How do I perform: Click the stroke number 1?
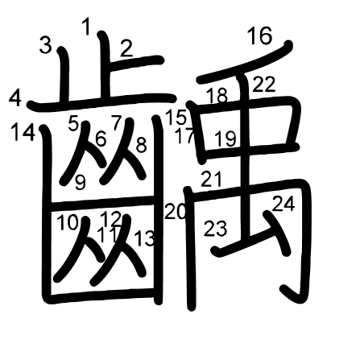(x=86, y=27)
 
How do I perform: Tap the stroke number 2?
(x=126, y=48)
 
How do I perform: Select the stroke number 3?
(x=45, y=45)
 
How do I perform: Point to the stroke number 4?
(x=15, y=98)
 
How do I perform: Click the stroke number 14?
(x=23, y=132)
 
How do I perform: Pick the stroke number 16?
(x=260, y=35)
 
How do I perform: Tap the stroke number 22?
(x=264, y=85)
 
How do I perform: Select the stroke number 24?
(x=283, y=204)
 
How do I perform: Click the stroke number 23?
(x=215, y=229)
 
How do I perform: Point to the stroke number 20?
(x=176, y=211)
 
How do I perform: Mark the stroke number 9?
(x=81, y=182)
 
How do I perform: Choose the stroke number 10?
(x=68, y=222)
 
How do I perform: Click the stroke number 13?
(x=144, y=238)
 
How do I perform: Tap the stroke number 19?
(x=226, y=139)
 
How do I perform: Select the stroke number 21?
(x=212, y=179)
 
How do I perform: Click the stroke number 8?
(x=142, y=145)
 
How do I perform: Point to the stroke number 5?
(x=73, y=124)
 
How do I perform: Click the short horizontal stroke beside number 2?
(x=135, y=62)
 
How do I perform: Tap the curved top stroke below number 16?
(x=245, y=62)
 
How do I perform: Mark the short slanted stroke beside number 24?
(x=278, y=232)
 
